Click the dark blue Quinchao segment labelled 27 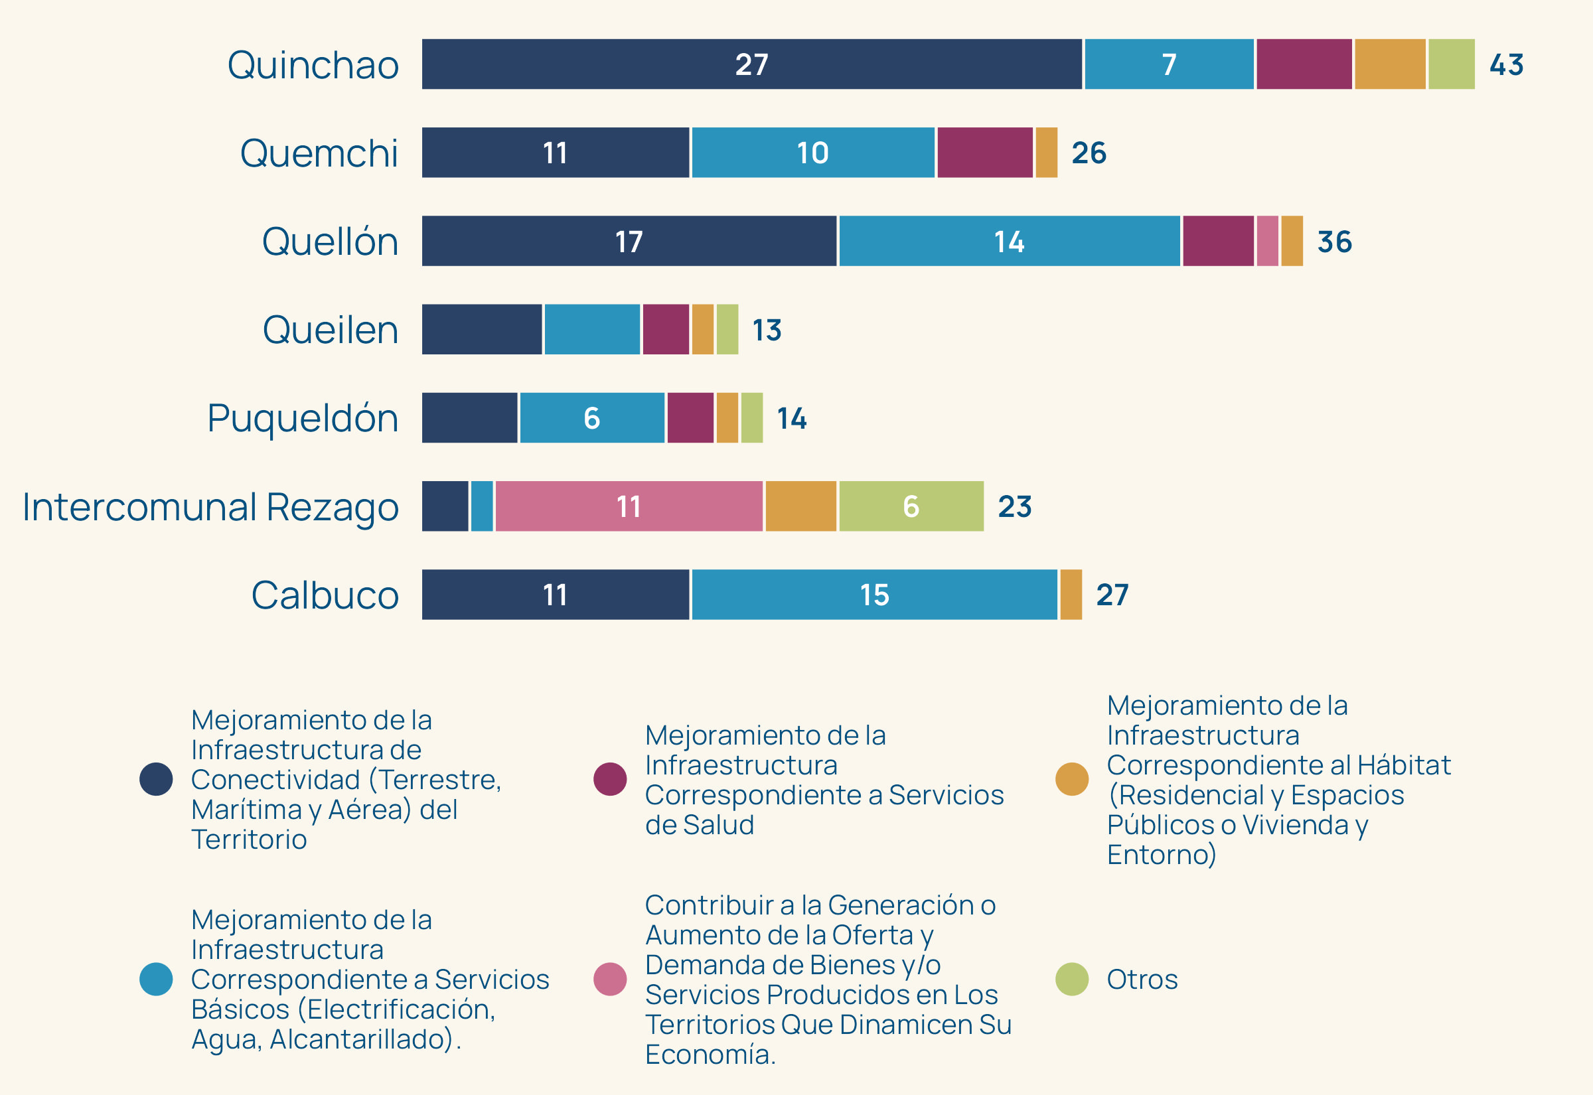[751, 64]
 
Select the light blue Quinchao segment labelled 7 [1169, 64]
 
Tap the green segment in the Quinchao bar [1451, 64]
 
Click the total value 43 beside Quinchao [1507, 64]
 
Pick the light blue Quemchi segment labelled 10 [813, 153]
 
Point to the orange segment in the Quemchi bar [1046, 153]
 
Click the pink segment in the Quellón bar [1267, 241]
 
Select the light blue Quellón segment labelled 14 [1009, 241]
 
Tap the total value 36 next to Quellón [1334, 242]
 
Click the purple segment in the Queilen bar [666, 329]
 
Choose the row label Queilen [330, 330]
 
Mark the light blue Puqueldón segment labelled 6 [592, 418]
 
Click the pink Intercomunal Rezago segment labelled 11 [629, 506]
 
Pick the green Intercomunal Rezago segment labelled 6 [911, 506]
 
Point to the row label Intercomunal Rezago [210, 507]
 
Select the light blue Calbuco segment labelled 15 [874, 594]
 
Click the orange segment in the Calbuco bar [1071, 594]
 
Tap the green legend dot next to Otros [1071, 979]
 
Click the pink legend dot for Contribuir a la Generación [610, 979]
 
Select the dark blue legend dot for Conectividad [156, 778]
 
